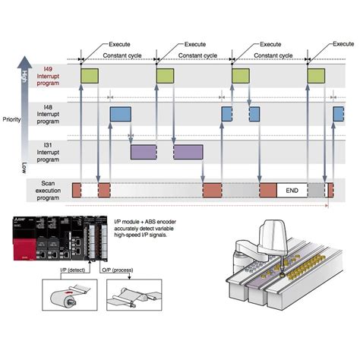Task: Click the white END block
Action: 292,191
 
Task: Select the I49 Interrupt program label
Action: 48,76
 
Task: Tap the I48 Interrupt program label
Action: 48,114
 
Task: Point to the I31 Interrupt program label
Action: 48,153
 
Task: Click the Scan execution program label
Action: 48,191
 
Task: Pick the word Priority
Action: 11,119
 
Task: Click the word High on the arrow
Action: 24,77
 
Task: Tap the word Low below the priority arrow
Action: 24,168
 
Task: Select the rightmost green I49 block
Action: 316,76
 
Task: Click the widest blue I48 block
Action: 121,114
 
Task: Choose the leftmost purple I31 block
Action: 144,152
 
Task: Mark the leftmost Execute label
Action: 119,44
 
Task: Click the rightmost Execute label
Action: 343,44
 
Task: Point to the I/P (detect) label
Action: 72,270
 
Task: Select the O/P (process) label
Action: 118,270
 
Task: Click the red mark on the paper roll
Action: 68,292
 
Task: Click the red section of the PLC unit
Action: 24,249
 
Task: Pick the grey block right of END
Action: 316,191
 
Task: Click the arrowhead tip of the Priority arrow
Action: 24,56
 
